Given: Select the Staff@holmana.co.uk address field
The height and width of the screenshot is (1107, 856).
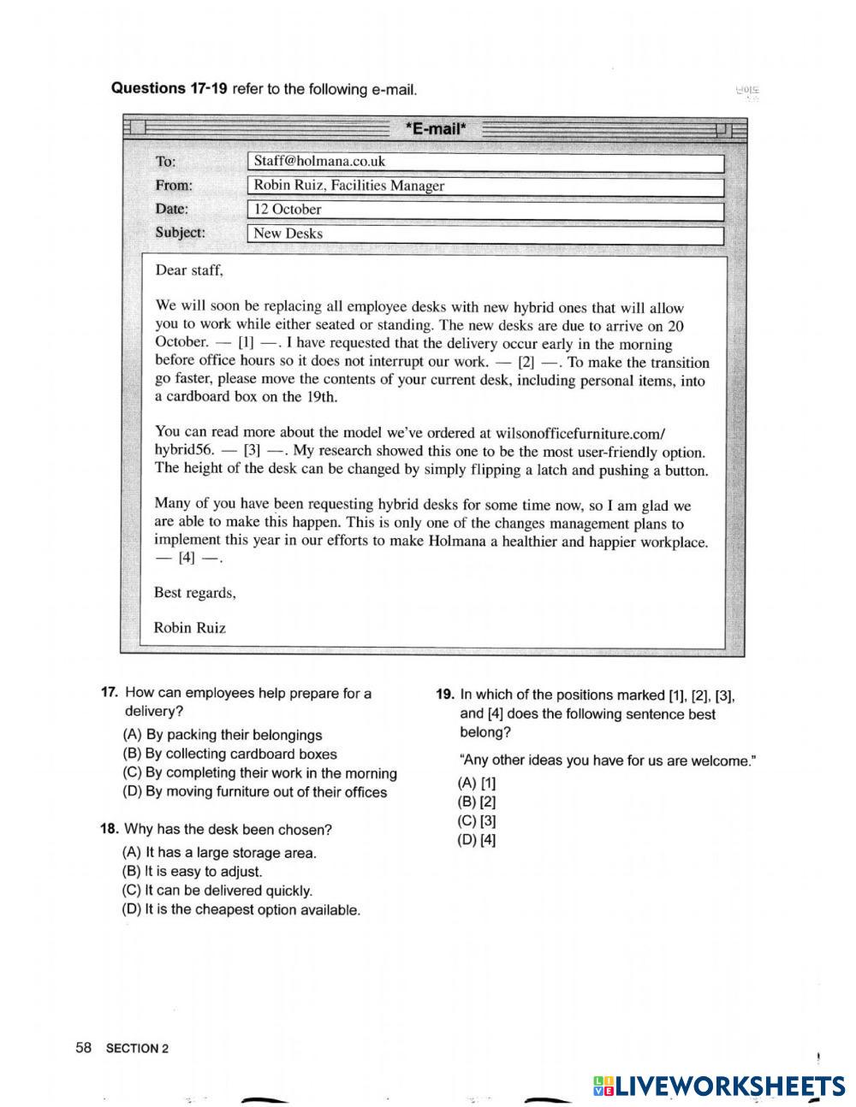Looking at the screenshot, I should click(319, 162).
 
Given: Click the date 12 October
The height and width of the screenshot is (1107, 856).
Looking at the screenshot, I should click(288, 210).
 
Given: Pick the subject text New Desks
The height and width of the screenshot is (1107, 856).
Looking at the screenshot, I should click(288, 234).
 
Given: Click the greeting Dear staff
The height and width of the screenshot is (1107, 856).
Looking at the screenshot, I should click(189, 270).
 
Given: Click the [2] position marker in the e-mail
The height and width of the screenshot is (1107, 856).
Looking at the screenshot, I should click(526, 362).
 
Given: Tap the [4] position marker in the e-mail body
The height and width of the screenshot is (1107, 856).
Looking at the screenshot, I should click(187, 559).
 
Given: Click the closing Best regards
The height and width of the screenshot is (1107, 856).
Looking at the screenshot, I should click(194, 593).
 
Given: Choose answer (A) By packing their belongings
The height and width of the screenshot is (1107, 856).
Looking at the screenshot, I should click(223, 735).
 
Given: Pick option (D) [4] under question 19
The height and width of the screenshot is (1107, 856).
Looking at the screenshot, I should click(477, 840).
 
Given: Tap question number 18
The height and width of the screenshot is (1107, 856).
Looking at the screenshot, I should click(110, 829).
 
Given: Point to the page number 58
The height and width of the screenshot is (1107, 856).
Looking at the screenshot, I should click(84, 1048).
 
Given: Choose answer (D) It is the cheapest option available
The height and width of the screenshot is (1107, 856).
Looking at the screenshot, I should click(241, 910).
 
